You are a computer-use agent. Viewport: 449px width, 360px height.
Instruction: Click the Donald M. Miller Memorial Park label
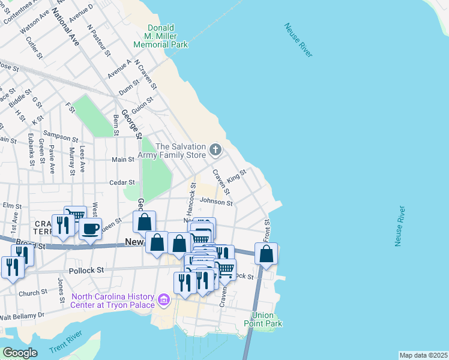pyautogui.click(x=160, y=36)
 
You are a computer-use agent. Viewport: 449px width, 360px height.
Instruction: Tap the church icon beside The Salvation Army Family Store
pyautogui.click(x=215, y=148)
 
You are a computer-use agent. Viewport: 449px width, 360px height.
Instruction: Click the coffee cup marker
pyautogui.click(x=91, y=229)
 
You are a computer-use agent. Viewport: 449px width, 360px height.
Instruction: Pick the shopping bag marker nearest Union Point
pyautogui.click(x=266, y=254)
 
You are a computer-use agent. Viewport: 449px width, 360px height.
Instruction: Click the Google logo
pyautogui.click(x=20, y=352)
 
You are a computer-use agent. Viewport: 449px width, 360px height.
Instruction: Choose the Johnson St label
pyautogui.click(x=216, y=203)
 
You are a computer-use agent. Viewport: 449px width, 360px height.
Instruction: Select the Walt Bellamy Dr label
pyautogui.click(x=22, y=315)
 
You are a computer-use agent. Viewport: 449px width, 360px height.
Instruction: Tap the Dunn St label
pyautogui.click(x=129, y=89)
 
